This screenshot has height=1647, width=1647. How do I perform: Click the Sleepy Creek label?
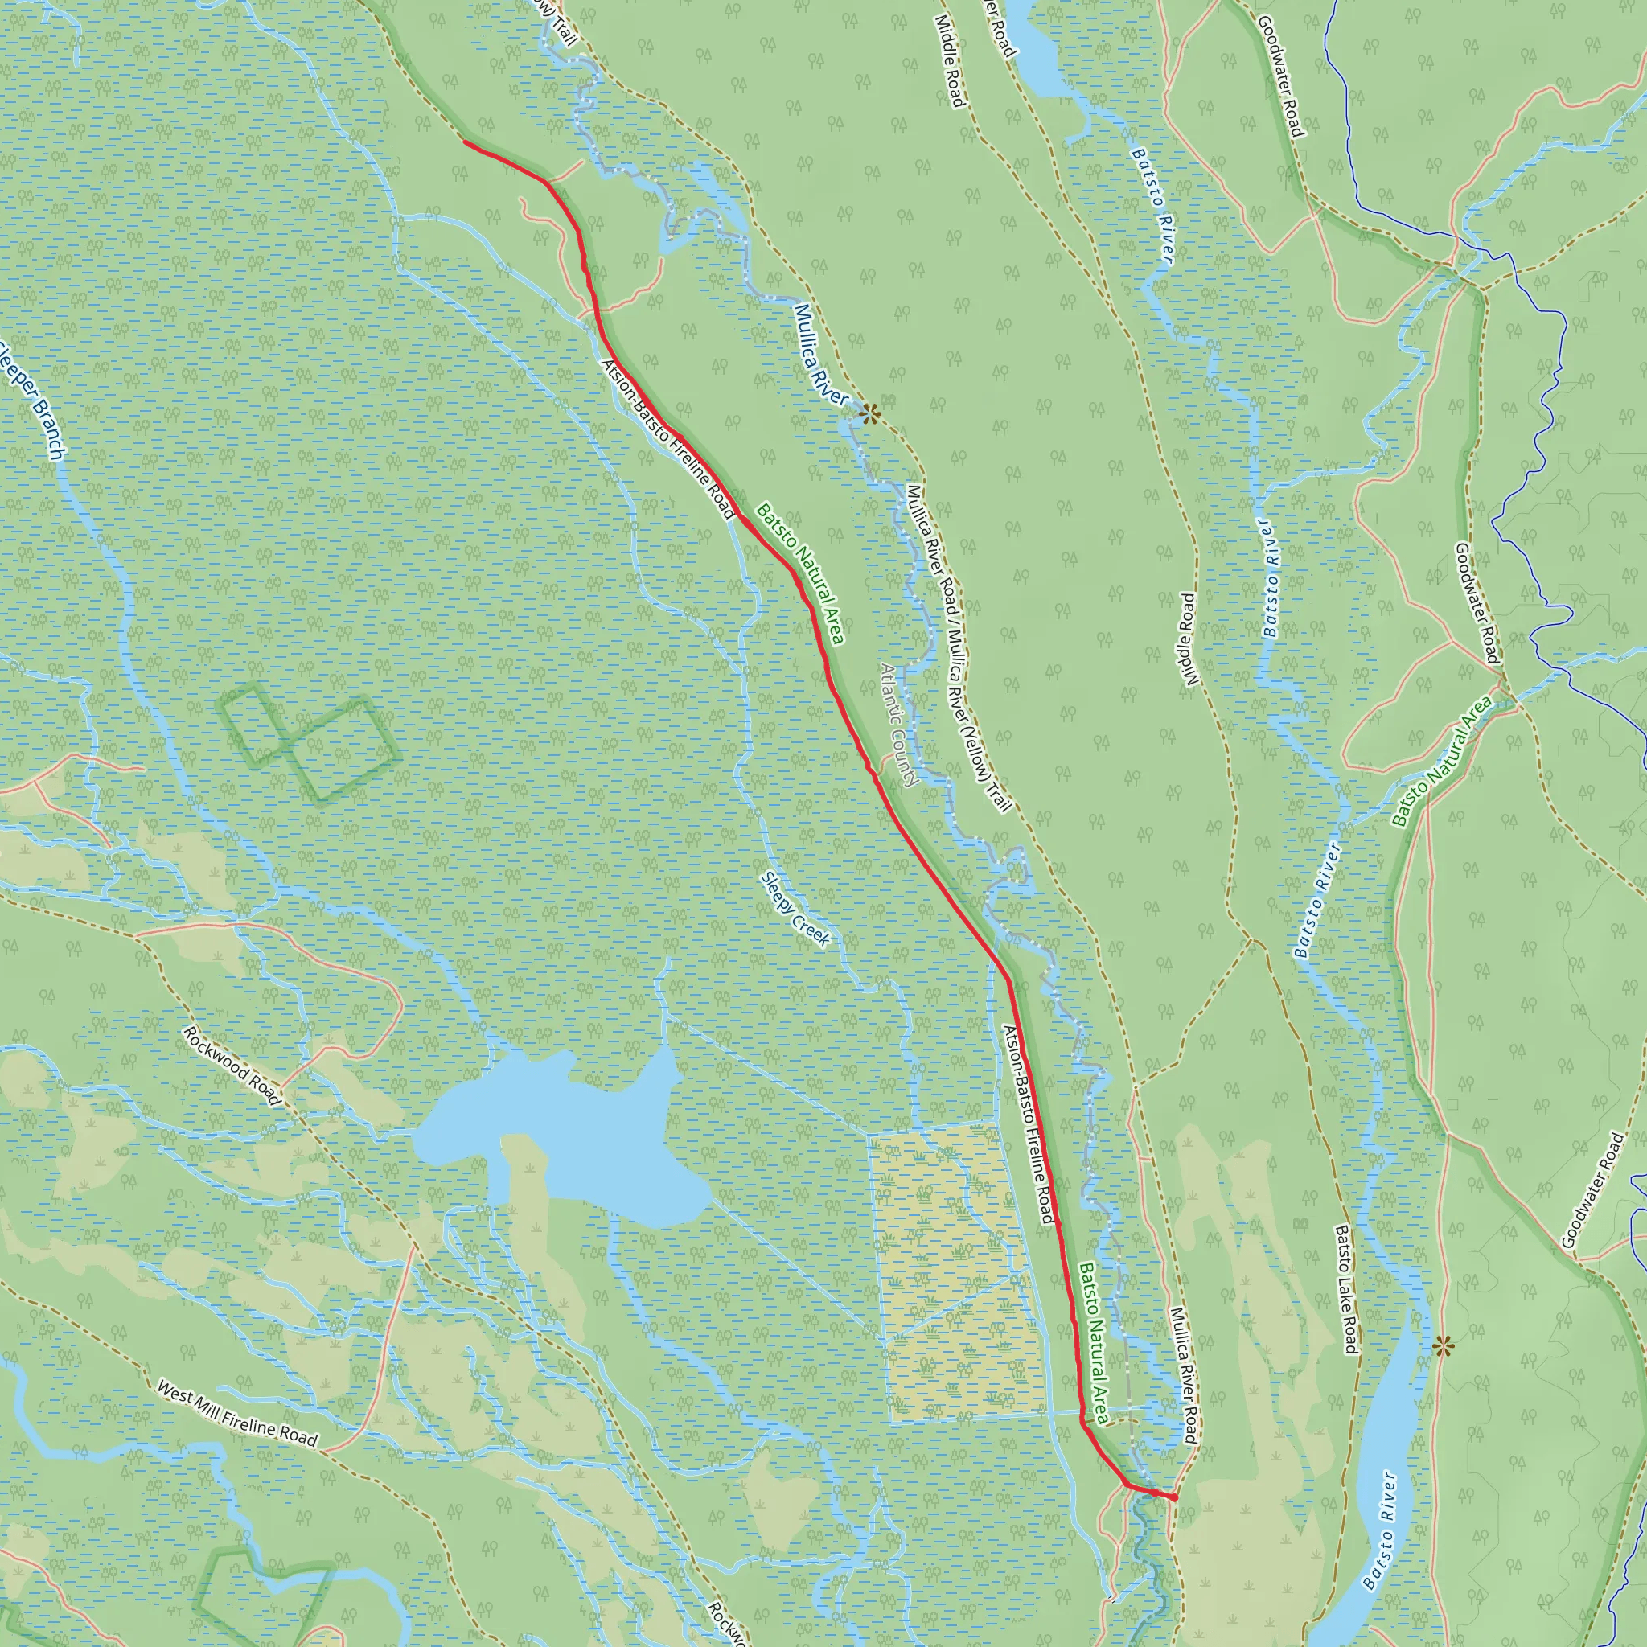click(795, 908)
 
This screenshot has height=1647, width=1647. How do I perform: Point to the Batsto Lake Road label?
click(1346, 1289)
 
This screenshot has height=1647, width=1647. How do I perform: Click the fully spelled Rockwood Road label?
click(232, 1065)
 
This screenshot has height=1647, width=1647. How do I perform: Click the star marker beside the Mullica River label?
click(869, 415)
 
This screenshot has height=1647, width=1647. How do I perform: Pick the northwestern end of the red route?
click(466, 142)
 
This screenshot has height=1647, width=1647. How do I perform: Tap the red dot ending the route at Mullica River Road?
click(1174, 1497)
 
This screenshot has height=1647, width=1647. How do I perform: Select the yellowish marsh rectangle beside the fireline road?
click(955, 1270)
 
